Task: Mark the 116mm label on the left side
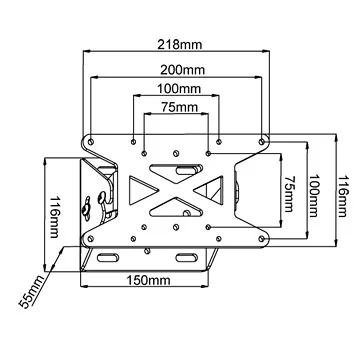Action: pos(28,211)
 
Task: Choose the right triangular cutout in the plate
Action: pos(211,189)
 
